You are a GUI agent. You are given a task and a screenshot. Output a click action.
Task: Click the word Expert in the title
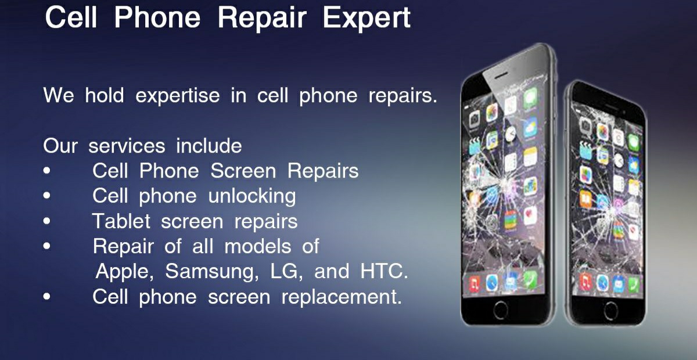point(367,18)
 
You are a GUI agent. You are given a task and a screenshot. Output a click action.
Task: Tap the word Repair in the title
point(262,18)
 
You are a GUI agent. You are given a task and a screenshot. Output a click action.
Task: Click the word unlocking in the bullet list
point(252,196)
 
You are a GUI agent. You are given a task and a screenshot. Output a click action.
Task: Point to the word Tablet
point(121,221)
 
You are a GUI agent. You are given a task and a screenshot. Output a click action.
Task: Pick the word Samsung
point(212,272)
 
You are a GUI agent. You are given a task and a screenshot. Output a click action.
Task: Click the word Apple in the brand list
point(124,272)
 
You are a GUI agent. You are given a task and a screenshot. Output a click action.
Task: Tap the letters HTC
point(384,271)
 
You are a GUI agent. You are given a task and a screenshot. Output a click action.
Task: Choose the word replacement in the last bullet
point(342,297)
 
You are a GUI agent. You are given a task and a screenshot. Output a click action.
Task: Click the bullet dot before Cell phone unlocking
point(46,196)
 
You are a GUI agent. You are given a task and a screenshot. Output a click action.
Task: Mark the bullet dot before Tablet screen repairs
point(46,221)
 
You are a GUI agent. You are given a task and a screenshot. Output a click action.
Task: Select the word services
point(127,146)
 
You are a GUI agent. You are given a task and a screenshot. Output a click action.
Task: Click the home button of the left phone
point(500,310)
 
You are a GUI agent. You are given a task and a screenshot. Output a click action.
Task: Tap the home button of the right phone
point(610,310)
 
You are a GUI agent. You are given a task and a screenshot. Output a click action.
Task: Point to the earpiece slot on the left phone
point(501,75)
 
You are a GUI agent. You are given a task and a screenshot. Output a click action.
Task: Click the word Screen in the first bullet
point(243,171)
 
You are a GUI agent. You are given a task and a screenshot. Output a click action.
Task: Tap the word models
point(258,246)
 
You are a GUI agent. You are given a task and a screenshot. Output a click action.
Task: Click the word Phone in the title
point(157,18)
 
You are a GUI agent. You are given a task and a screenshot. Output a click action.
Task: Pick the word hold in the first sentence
point(105,95)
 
